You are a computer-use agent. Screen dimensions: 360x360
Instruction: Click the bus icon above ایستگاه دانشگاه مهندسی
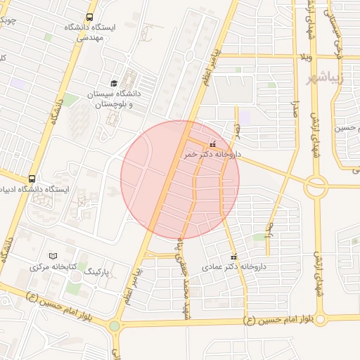pyautogui.click(x=89, y=17)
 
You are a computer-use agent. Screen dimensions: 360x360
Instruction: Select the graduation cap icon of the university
pyautogui.click(x=114, y=83)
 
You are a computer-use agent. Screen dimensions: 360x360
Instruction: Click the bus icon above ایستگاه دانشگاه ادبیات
pyautogui.click(x=32, y=179)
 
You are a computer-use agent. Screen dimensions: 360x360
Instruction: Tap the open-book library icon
pyautogui.click(x=53, y=256)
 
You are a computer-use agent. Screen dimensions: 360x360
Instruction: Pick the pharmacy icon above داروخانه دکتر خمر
pyautogui.click(x=212, y=144)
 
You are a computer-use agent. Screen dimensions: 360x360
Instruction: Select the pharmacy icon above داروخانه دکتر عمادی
pyautogui.click(x=234, y=257)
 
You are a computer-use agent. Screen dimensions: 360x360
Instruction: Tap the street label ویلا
pyautogui.click(x=305, y=56)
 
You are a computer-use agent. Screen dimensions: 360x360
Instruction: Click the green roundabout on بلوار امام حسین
pyautogui.click(x=115, y=326)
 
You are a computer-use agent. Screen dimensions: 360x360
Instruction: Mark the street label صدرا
pyautogui.click(x=295, y=105)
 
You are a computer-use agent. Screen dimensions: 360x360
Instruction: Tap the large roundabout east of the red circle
pyautogui.click(x=316, y=186)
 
